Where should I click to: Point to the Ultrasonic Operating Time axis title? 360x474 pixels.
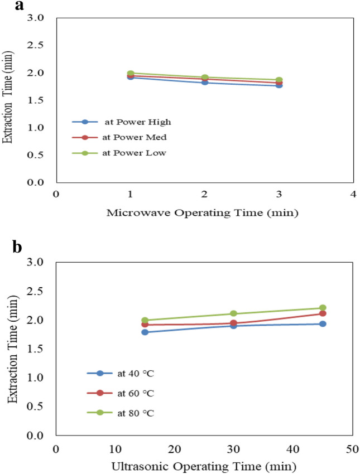coord(204,466)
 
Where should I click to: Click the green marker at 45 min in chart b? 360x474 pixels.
coord(322,308)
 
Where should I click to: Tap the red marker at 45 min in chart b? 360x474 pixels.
coord(322,313)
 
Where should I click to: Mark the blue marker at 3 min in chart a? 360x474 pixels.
coord(279,85)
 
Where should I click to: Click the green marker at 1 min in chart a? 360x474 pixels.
coord(130,74)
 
